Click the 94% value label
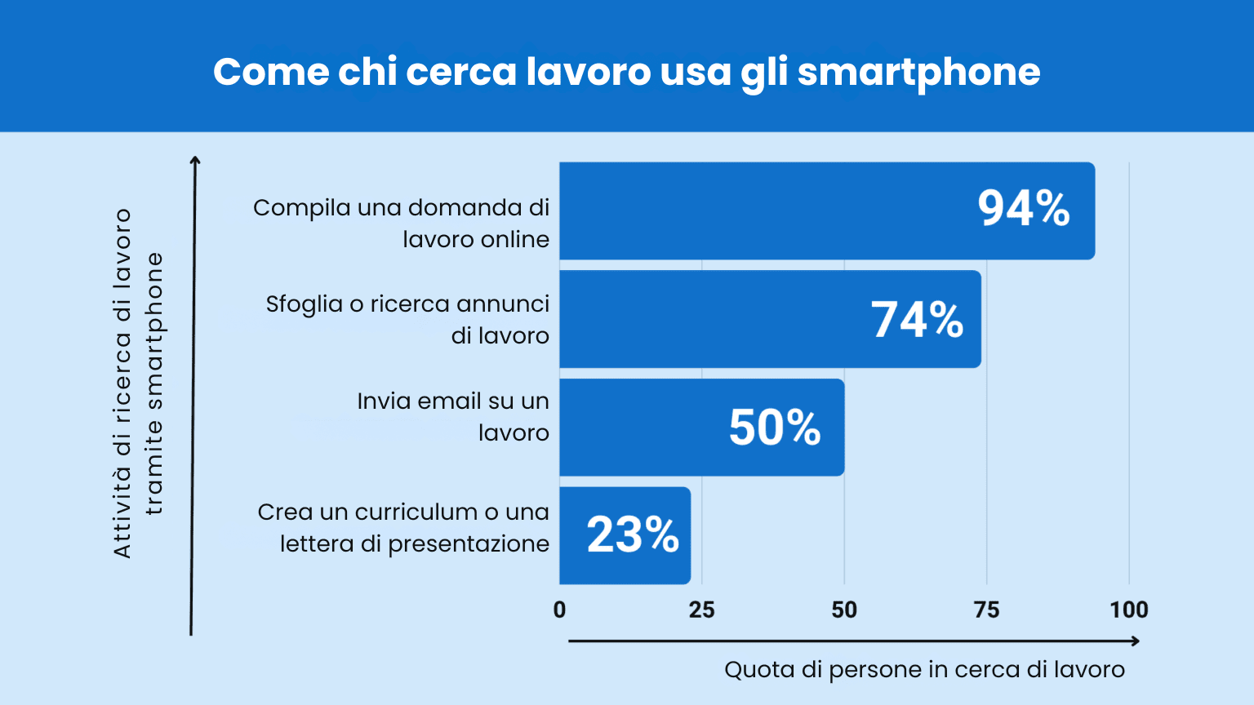tap(1023, 209)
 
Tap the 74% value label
tap(917, 319)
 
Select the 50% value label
tap(774, 428)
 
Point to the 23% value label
tap(633, 535)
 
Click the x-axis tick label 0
tap(559, 610)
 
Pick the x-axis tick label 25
tap(701, 610)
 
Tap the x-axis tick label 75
tap(986, 610)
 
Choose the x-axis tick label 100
tap(1128, 610)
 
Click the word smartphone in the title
tap(918, 73)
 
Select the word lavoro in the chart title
tap(588, 72)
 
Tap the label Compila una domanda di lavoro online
tap(401, 223)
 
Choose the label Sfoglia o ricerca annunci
tap(407, 319)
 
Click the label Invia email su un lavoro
tap(453, 416)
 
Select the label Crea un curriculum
tap(403, 527)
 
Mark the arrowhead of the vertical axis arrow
tap(194, 160)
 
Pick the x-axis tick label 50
tap(844, 610)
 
